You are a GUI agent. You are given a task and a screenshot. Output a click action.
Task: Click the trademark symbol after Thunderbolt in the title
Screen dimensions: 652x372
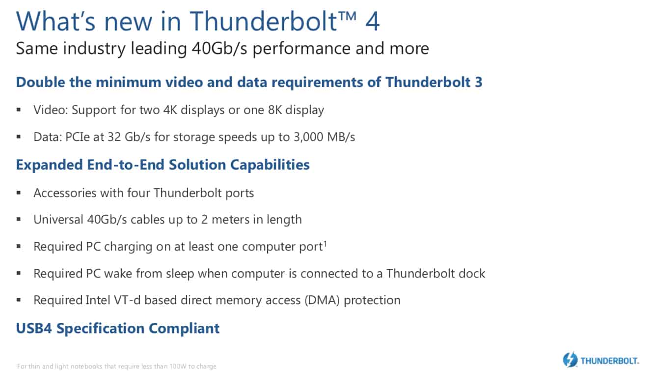pos(347,16)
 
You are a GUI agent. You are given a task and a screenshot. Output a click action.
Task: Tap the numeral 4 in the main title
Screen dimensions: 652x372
pos(372,21)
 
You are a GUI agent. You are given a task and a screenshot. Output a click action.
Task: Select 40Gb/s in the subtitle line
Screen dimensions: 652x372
pos(219,48)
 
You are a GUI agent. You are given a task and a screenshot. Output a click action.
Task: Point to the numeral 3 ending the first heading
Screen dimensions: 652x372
pos(479,82)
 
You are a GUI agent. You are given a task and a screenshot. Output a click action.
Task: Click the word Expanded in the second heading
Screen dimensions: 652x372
pos(50,165)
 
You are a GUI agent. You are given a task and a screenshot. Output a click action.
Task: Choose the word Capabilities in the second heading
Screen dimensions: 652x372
pos(270,165)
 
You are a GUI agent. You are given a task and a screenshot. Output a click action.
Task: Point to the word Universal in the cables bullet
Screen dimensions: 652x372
pos(58,219)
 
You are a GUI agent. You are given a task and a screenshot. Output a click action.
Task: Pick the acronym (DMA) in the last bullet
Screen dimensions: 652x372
pos(322,300)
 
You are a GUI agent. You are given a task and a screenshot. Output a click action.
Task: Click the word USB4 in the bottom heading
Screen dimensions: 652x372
pos(34,328)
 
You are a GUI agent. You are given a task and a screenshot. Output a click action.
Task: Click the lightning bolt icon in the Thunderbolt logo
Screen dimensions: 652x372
pos(570,360)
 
